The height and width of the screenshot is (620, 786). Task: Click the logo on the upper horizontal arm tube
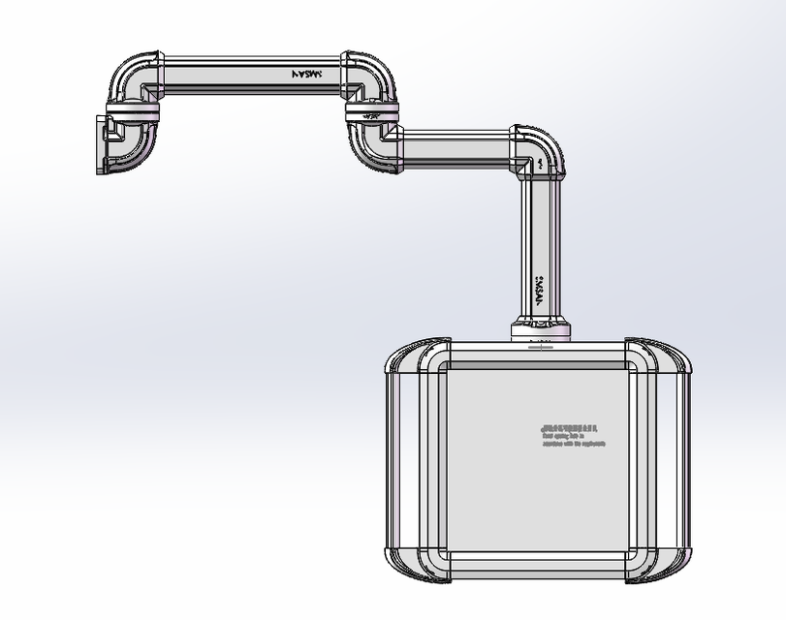click(x=310, y=73)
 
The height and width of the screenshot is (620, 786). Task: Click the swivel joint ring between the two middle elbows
click(x=370, y=113)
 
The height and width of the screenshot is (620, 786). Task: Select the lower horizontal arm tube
click(x=456, y=149)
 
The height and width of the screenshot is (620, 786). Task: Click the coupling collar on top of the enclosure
click(x=541, y=331)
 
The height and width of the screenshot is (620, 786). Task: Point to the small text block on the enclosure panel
click(x=571, y=435)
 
